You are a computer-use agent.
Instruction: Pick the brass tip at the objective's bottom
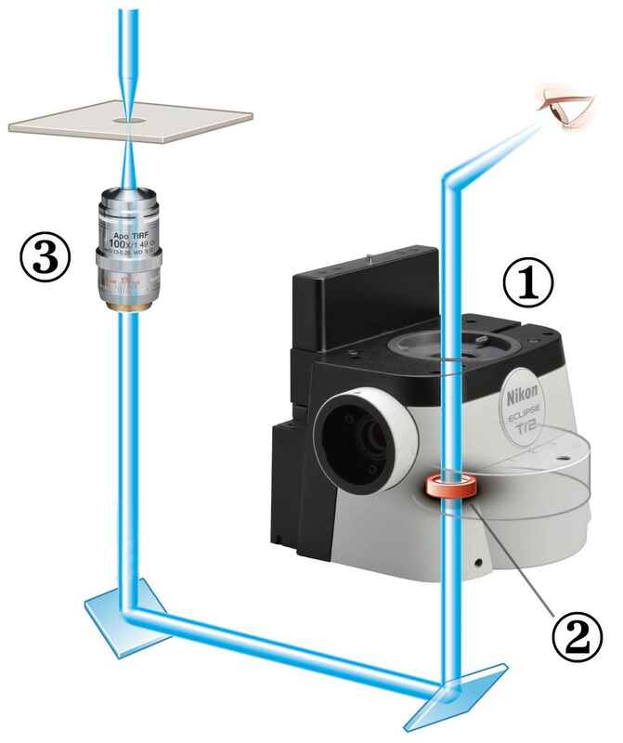(x=128, y=304)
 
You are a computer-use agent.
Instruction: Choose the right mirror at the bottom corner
(x=446, y=692)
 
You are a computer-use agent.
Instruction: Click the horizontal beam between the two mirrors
(x=288, y=651)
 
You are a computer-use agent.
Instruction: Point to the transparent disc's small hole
(x=560, y=459)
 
